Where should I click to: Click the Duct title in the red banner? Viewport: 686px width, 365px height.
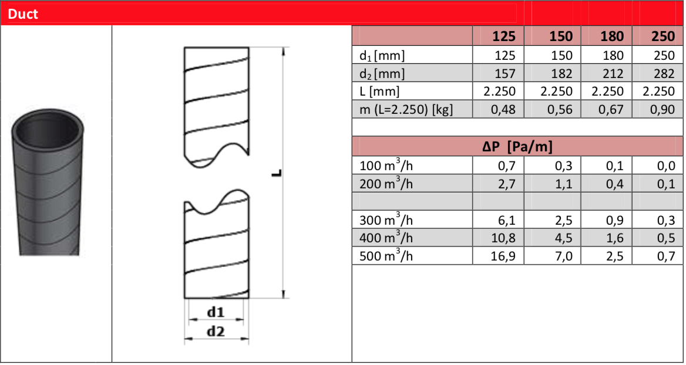tap(23, 14)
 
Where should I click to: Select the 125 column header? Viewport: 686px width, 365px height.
tap(504, 36)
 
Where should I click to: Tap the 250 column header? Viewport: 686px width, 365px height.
tap(663, 36)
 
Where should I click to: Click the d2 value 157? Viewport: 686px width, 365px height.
tap(505, 73)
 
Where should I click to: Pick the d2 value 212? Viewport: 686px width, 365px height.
tap(612, 73)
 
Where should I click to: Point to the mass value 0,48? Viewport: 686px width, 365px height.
tap(503, 109)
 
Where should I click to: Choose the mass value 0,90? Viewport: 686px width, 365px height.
tap(663, 109)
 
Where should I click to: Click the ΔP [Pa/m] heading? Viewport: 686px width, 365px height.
tap(517, 146)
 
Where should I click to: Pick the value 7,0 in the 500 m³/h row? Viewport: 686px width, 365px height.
tap(561, 256)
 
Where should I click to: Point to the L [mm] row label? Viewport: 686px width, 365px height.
tap(379, 91)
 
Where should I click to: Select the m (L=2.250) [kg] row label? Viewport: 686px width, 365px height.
tap(406, 109)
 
